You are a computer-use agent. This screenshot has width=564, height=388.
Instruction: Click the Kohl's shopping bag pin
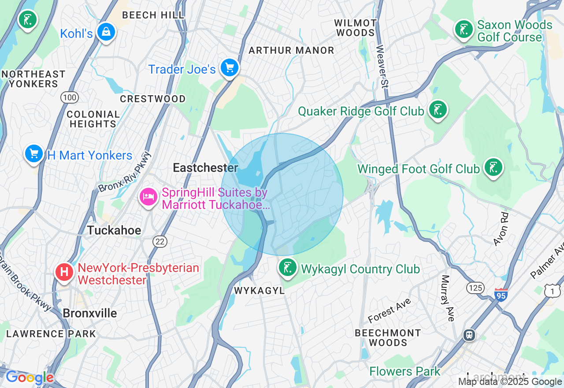[106, 32]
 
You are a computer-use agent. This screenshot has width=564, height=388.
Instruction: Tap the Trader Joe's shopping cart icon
[230, 68]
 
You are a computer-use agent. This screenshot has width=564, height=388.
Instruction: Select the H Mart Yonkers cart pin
[34, 154]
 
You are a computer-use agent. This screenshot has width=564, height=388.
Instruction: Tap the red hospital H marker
[64, 272]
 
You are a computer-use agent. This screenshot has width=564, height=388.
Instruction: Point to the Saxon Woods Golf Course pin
[464, 30]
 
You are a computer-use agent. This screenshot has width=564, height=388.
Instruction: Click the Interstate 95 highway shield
[501, 295]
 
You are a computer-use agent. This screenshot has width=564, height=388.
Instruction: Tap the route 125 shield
[475, 288]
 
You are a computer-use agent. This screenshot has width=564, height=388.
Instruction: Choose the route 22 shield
[160, 241]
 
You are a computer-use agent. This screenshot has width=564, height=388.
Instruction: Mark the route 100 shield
[70, 97]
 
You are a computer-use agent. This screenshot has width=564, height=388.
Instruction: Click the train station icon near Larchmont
[470, 335]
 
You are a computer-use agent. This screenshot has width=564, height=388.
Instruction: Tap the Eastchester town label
[205, 168]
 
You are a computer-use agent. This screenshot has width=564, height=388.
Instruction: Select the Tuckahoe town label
[114, 230]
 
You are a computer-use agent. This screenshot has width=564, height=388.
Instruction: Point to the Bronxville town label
[90, 313]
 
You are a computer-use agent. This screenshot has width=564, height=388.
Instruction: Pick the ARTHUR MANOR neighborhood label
[291, 51]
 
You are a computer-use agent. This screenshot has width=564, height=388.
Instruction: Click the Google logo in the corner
[30, 378]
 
